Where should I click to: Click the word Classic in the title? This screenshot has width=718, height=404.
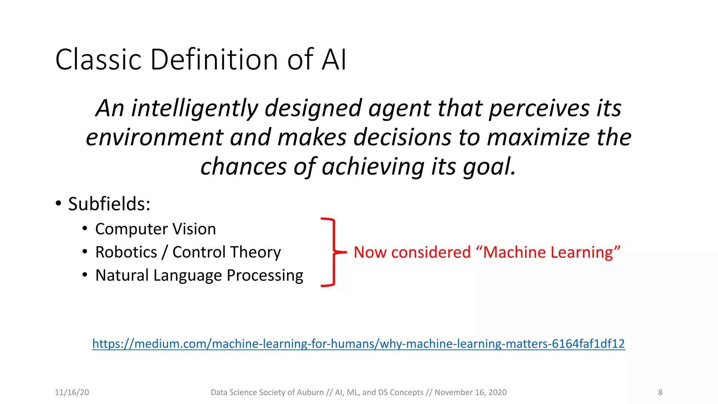coord(98,60)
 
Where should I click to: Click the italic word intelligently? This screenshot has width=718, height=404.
coord(194,108)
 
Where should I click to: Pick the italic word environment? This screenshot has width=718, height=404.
coord(154,137)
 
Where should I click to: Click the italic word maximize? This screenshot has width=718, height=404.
coord(538,137)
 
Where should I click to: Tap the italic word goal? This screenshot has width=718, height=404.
coord(489,167)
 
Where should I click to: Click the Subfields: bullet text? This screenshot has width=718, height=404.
coord(109,204)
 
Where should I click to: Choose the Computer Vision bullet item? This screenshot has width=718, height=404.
coord(155,229)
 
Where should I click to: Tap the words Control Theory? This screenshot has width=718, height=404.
coord(226,252)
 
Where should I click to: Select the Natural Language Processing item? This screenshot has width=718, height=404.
coord(199,276)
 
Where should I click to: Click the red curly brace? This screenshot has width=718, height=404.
coord(331,252)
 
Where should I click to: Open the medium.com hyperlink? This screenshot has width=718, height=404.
coord(358,344)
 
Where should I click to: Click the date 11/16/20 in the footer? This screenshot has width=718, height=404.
coord(72,392)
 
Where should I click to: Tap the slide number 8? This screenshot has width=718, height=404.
coord(660,392)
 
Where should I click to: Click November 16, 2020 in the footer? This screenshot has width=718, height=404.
coord(470,392)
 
